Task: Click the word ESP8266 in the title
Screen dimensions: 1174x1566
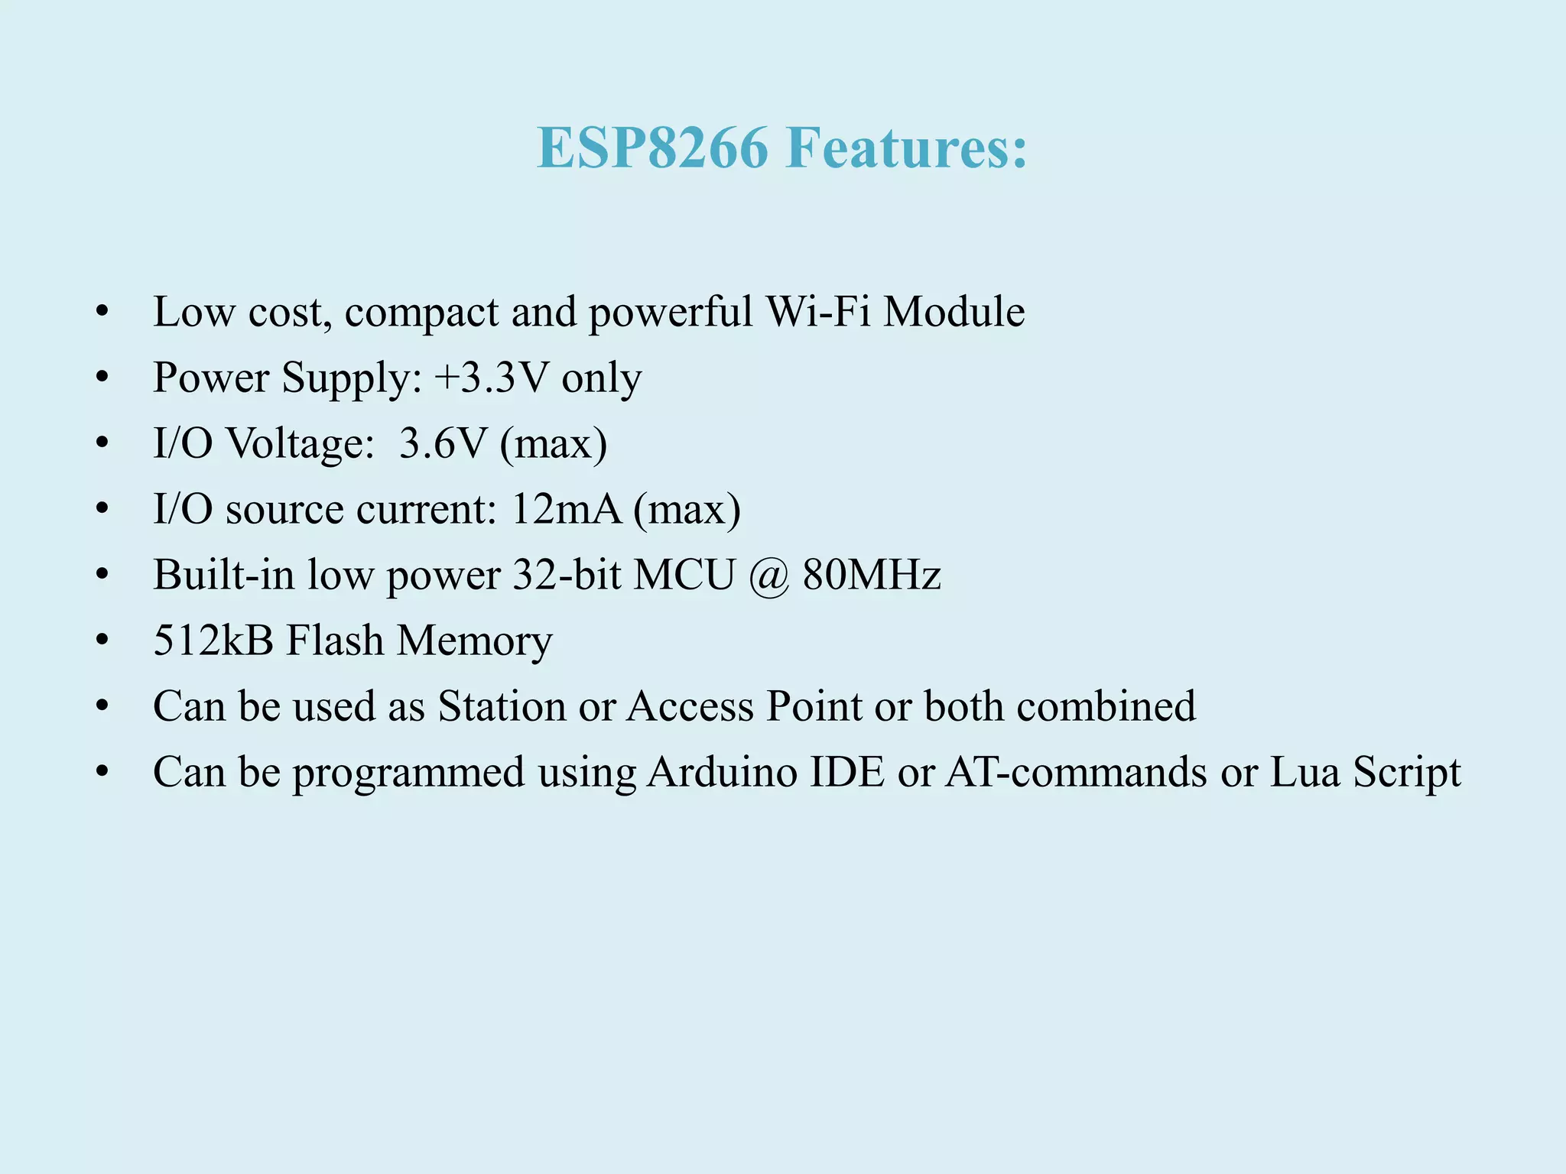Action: click(x=652, y=148)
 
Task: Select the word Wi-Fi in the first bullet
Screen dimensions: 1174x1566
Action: click(x=818, y=312)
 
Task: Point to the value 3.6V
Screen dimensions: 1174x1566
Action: click(x=443, y=443)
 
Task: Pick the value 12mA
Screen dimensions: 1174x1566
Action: click(x=566, y=509)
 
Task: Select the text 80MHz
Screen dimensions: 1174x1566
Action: click(x=872, y=575)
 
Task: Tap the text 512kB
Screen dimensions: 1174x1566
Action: click(x=213, y=641)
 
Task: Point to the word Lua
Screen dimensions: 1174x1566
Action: click(x=1304, y=772)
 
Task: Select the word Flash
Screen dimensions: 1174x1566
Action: click(x=335, y=641)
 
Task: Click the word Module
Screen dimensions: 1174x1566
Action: click(x=954, y=312)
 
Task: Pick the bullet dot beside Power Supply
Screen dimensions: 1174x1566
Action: click(x=102, y=378)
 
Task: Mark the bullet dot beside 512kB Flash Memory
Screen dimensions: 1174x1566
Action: click(x=102, y=641)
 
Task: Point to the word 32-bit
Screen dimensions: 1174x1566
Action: click(x=567, y=575)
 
